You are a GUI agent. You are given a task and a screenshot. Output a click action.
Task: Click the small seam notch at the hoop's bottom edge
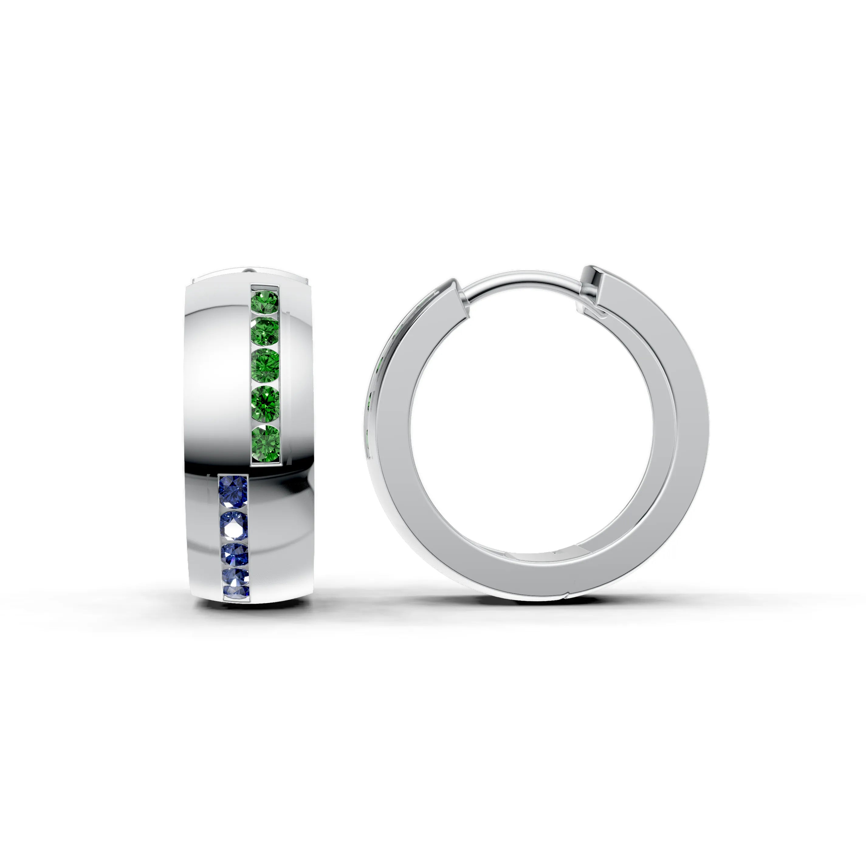click(x=567, y=595)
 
